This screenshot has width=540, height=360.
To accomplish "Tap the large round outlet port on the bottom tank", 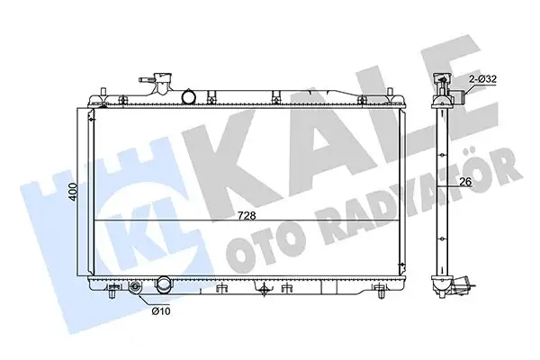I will click(x=163, y=287).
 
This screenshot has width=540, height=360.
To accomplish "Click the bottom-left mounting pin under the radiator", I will click(x=112, y=292).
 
